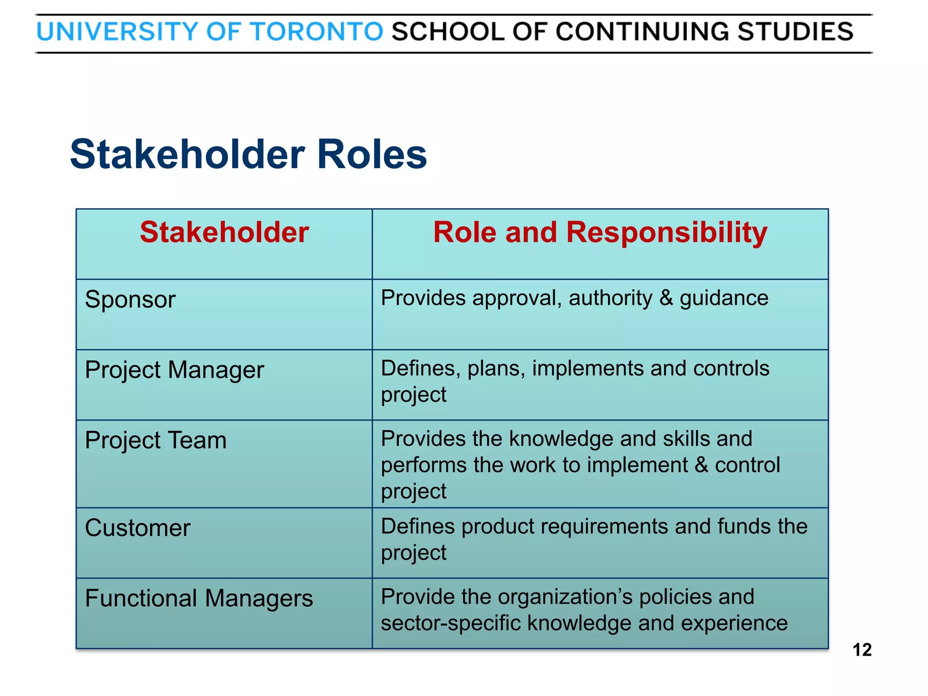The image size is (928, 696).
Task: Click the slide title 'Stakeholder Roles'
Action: pyautogui.click(x=248, y=155)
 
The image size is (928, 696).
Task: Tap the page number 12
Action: pyautogui.click(x=862, y=650)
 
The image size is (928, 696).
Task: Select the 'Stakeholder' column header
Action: pyautogui.click(x=224, y=232)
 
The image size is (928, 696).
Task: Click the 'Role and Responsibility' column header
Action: pyautogui.click(x=600, y=232)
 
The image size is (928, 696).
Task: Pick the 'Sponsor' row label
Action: pyautogui.click(x=130, y=300)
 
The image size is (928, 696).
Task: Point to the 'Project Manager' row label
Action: pyautogui.click(x=174, y=370)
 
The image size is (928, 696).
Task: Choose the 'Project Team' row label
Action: pyautogui.click(x=156, y=440)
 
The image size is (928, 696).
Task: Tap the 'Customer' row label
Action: pyautogui.click(x=138, y=528)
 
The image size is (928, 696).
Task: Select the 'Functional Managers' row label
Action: pyautogui.click(x=199, y=598)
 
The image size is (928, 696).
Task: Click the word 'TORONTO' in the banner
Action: pyautogui.click(x=317, y=32)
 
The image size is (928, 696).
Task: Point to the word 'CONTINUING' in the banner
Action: pyautogui.click(x=642, y=32)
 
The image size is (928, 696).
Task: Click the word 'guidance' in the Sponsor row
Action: pyautogui.click(x=724, y=299)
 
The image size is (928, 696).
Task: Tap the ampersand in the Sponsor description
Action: pyautogui.click(x=666, y=298)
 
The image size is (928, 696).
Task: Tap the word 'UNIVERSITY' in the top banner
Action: pyautogui.click(x=117, y=32)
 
